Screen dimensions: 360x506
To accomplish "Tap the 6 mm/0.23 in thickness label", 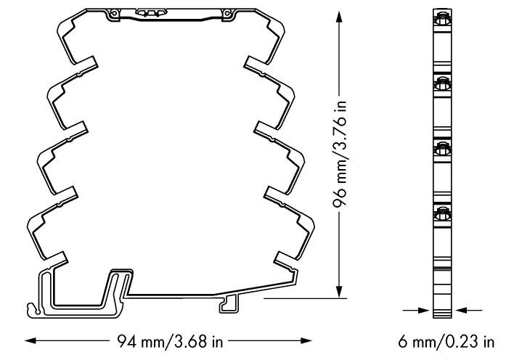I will (x=449, y=340).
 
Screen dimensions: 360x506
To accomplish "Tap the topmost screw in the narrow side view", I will (x=440, y=20).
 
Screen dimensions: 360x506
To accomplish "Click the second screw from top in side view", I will (x=440, y=86).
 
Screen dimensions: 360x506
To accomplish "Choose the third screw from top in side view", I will (x=440, y=148).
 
